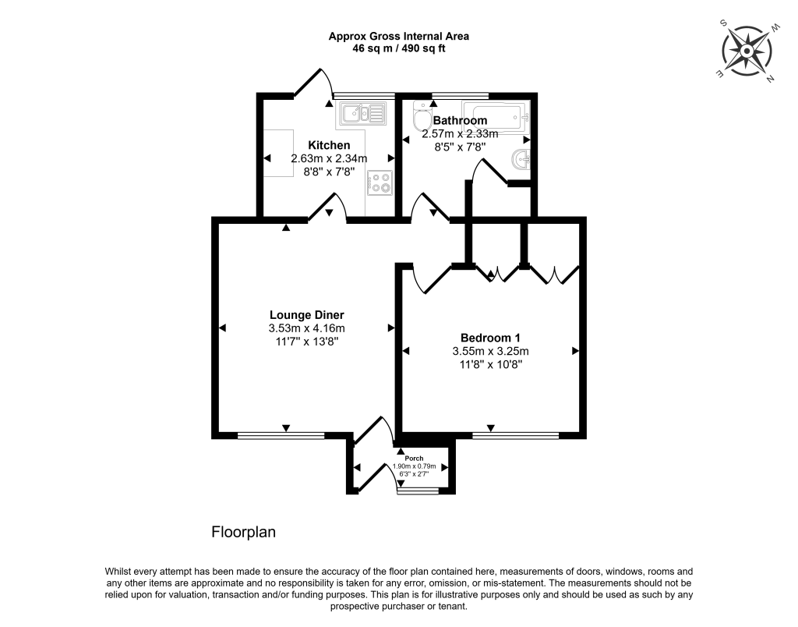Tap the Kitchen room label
pyautogui.click(x=328, y=146)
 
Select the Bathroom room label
pyautogui.click(x=460, y=121)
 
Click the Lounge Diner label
pyautogui.click(x=305, y=315)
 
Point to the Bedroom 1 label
pyautogui.click(x=490, y=338)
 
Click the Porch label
pyautogui.click(x=402, y=459)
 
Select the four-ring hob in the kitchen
pyautogui.click(x=380, y=182)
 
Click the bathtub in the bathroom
pyautogui.click(x=496, y=114)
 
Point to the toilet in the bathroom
pyautogui.click(x=422, y=120)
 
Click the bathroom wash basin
pyautogui.click(x=521, y=161)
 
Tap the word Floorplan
pyautogui.click(x=244, y=533)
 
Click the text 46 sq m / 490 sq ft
pyautogui.click(x=398, y=48)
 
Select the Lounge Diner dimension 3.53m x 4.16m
pyautogui.click(x=305, y=328)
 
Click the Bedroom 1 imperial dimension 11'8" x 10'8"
pyautogui.click(x=490, y=364)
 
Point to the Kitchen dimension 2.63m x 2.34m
pyautogui.click(x=328, y=159)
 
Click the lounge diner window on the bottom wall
pyautogui.click(x=281, y=435)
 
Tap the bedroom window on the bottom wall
pyautogui.click(x=515, y=435)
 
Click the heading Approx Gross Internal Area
pyautogui.click(x=398, y=36)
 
